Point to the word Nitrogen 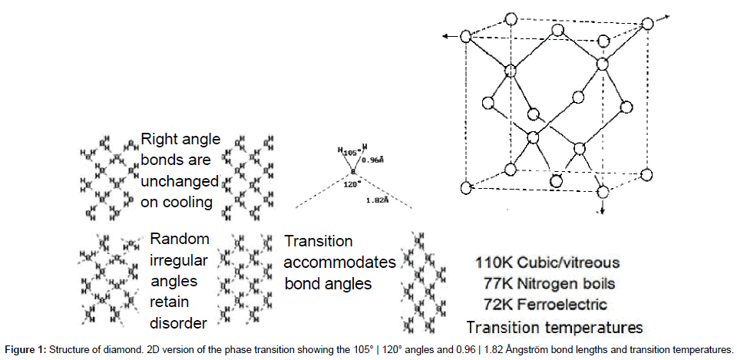[x=552, y=284]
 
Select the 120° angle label [x=352, y=185]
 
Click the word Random [x=180, y=239]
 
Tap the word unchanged [x=180, y=182]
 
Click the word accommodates [x=340, y=262]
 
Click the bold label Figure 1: [x=28, y=348]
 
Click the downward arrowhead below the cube [x=601, y=211]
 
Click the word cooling [x=189, y=203]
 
